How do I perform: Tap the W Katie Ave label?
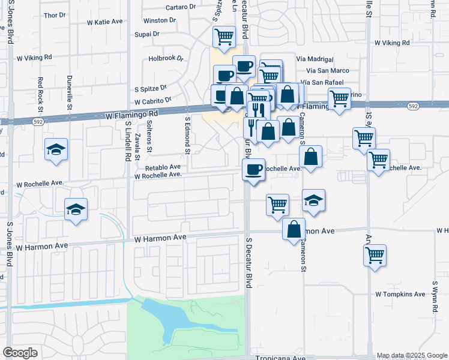pyautogui.click(x=104, y=22)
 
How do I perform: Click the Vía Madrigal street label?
pyautogui.click(x=316, y=59)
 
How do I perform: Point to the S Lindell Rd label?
pyautogui.click(x=128, y=142)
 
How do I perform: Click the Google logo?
pyautogui.click(x=20, y=353)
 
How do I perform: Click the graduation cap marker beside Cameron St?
pyautogui.click(x=313, y=200)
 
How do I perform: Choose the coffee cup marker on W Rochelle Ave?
pyautogui.click(x=253, y=169)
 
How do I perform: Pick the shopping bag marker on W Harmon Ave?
pyautogui.click(x=294, y=229)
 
